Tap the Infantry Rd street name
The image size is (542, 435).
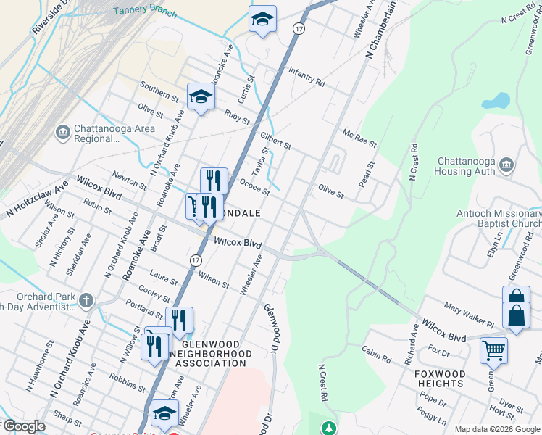pos(307,77)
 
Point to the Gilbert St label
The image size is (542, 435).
pos(275,140)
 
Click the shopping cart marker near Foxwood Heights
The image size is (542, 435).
pos(493,351)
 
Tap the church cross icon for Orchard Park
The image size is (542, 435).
pos(86,299)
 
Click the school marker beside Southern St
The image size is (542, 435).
pos(201,96)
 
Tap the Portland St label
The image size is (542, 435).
pos(144,310)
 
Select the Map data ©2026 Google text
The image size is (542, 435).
pos(496,429)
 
